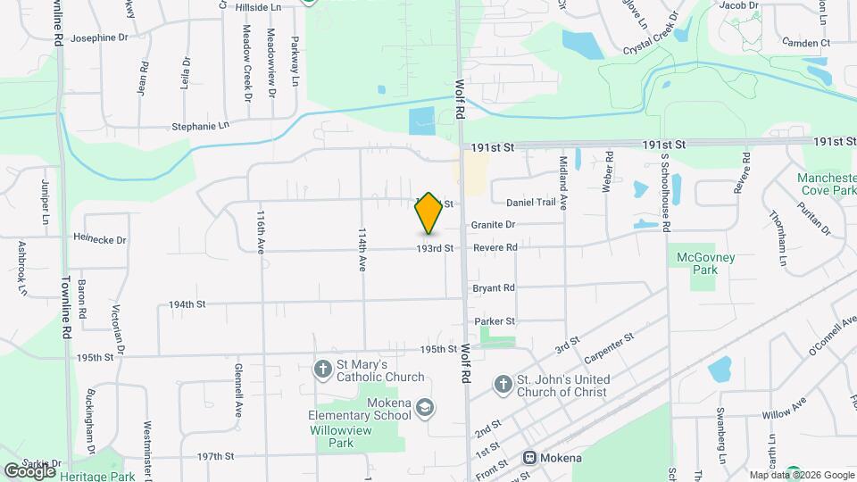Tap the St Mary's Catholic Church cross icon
click(324, 368)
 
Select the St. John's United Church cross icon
click(503, 383)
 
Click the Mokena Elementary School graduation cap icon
click(425, 407)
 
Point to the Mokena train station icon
click(529, 458)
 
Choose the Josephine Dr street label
click(100, 37)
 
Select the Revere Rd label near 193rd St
click(495, 248)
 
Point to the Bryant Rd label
click(495, 288)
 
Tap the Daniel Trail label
click(530, 203)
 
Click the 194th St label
click(187, 304)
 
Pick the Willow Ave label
click(785, 415)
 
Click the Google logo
click(29, 470)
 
